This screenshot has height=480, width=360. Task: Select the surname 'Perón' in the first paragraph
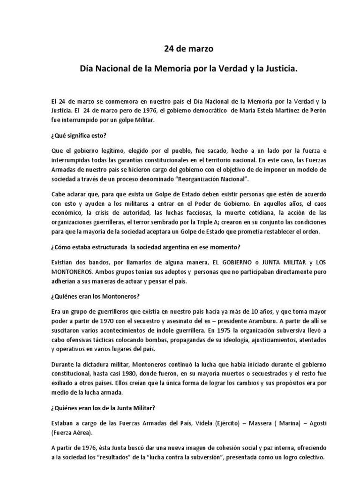299,111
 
